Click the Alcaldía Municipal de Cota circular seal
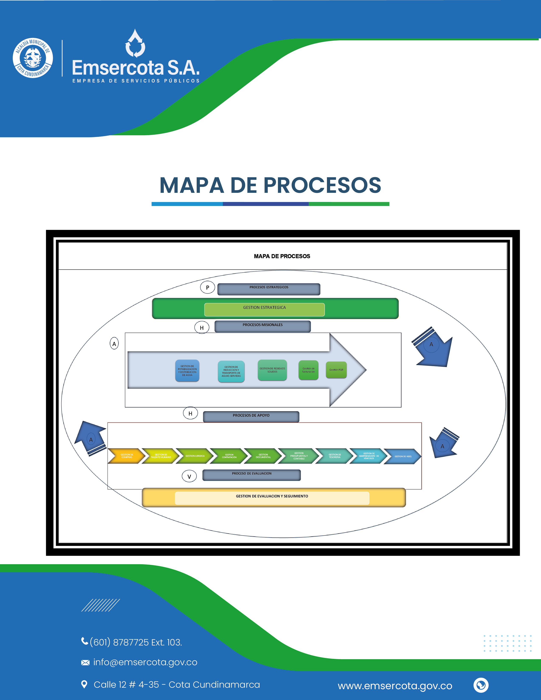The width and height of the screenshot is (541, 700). point(33,58)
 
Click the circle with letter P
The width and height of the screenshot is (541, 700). point(207,287)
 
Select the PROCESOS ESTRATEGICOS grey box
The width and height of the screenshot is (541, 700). point(269,289)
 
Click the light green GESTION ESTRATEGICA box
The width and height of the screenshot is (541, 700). point(264,309)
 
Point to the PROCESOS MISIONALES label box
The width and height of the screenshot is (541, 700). point(262,326)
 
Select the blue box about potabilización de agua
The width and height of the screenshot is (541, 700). point(187,371)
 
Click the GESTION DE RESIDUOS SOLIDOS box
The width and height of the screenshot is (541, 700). point(272,370)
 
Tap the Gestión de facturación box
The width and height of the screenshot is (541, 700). point(308,370)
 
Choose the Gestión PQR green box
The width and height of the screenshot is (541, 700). point(336,370)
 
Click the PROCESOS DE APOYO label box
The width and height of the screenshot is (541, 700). point(251,417)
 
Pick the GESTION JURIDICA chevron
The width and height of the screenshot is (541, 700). point(195,456)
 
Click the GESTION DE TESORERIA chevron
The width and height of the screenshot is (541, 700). point(334,456)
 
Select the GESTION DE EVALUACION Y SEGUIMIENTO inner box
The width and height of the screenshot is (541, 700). point(272,498)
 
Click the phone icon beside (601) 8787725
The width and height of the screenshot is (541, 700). point(85,641)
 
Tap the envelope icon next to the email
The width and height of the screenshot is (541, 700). point(85,662)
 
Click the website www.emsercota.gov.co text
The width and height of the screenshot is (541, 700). point(395,686)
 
